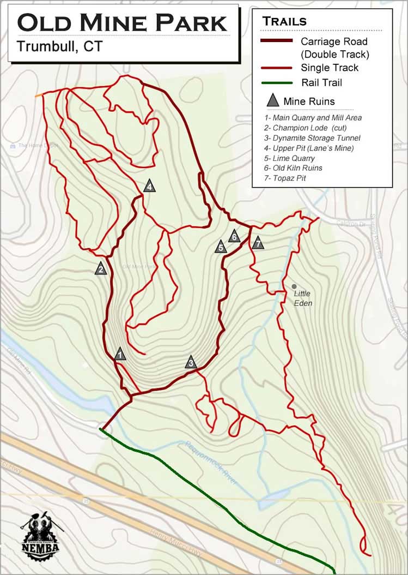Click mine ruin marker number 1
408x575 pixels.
(120, 355)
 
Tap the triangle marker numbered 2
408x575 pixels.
(100, 268)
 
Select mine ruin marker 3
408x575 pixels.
(191, 362)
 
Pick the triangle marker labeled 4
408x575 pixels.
(149, 187)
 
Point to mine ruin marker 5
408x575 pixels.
(221, 247)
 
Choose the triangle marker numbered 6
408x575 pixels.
(234, 236)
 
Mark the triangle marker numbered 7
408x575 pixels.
(258, 243)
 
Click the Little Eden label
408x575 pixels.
(303, 298)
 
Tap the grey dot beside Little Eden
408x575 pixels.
(294, 286)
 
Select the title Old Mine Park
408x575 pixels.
(123, 23)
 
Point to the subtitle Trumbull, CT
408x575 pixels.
(59, 46)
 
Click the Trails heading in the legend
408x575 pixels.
(284, 22)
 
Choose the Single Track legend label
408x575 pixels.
(330, 68)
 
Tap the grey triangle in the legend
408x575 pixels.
(273, 101)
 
